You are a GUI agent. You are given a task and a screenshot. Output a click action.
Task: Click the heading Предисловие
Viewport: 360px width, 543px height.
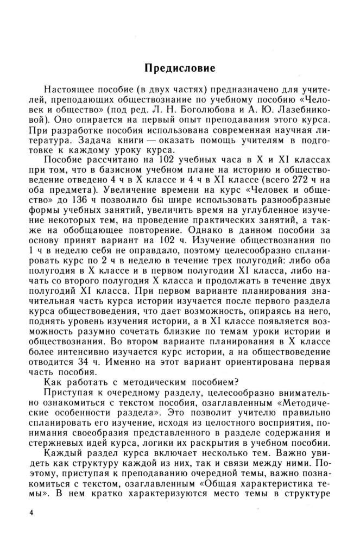[x=180, y=69]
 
